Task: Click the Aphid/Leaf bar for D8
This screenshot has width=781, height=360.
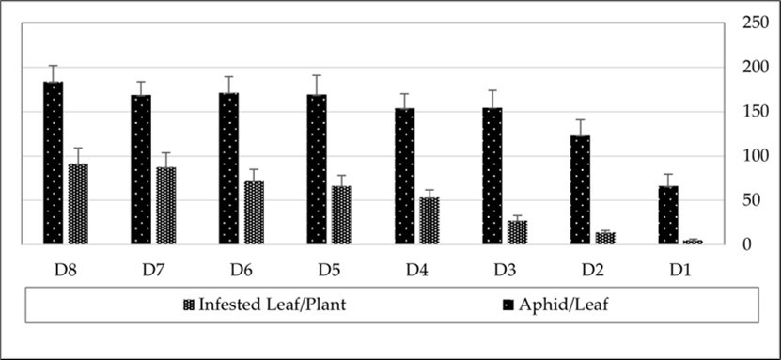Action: pyautogui.click(x=53, y=163)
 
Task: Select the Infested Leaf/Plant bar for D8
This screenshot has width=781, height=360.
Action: pyautogui.click(x=78, y=204)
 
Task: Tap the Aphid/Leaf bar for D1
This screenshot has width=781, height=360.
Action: pyautogui.click(x=668, y=214)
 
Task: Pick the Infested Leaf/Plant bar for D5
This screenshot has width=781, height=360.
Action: pyautogui.click(x=342, y=215)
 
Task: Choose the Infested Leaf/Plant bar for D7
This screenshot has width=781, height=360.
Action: pyautogui.click(x=166, y=206)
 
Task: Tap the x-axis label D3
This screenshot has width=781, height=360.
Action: pyautogui.click(x=505, y=270)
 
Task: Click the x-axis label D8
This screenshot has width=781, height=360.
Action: pyautogui.click(x=65, y=270)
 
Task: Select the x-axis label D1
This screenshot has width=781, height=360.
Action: pyautogui.click(x=680, y=270)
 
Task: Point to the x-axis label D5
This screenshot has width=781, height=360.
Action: pyautogui.click(x=329, y=270)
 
